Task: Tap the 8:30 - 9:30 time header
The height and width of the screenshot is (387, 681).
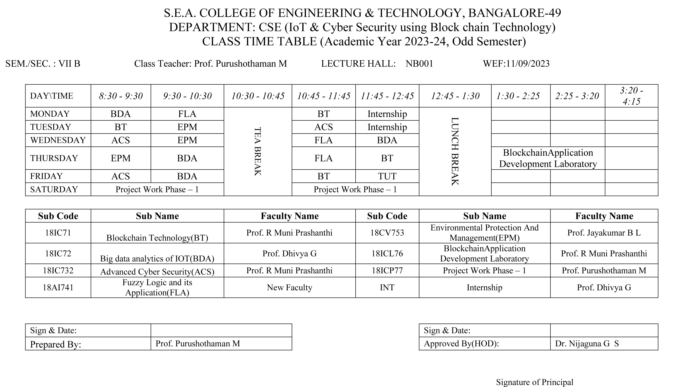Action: [121, 96]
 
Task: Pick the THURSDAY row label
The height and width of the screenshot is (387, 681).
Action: [54, 158]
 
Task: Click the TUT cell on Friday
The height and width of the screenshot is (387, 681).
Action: [387, 176]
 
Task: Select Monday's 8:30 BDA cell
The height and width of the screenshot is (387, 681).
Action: [121, 114]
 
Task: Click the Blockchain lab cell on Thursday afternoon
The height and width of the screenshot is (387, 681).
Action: [548, 158]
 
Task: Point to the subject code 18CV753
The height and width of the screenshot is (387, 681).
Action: [387, 233]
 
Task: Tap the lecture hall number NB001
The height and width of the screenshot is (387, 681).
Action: [419, 64]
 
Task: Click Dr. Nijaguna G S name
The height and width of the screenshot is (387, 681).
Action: [587, 344]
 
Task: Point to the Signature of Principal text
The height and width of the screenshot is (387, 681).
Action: [534, 382]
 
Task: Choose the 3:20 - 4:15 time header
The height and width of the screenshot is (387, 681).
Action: [631, 96]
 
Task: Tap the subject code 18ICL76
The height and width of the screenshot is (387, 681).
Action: [387, 253]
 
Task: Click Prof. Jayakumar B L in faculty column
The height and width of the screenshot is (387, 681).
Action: [604, 233]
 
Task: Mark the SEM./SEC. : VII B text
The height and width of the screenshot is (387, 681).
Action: [43, 64]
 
